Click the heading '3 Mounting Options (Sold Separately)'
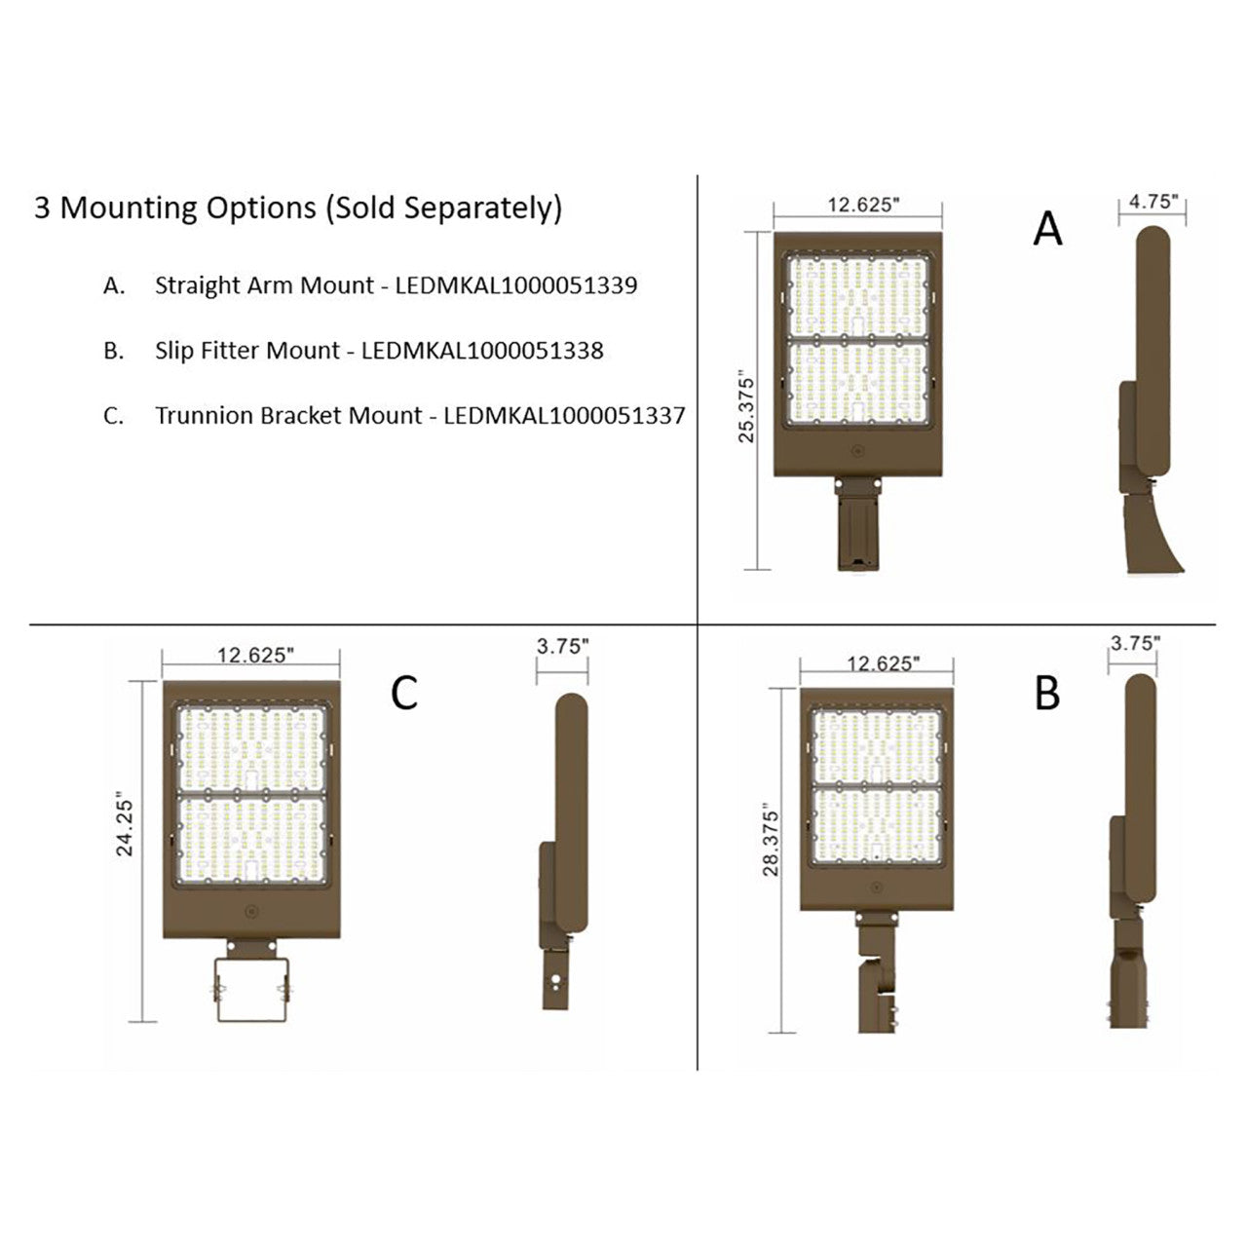[298, 208]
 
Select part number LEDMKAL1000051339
[516, 285]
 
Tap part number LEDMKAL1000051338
[482, 351]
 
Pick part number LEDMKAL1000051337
[564, 416]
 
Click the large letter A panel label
[1047, 230]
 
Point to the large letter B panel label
[1047, 694]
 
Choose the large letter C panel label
[404, 693]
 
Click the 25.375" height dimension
[747, 405]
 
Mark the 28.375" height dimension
[772, 841]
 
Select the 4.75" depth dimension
[1153, 202]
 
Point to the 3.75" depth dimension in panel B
[1135, 643]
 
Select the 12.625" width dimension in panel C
[253, 655]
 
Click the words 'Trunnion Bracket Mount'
[289, 416]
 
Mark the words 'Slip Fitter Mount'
[247, 351]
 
